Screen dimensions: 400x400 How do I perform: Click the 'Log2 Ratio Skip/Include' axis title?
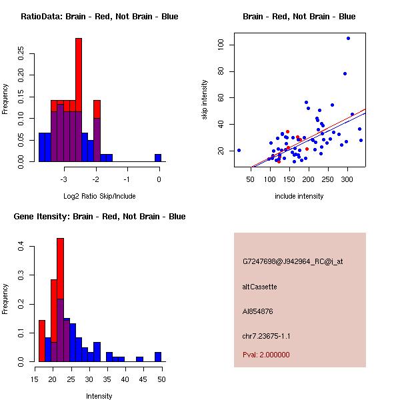[x=99, y=196]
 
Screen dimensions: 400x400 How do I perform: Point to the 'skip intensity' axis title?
[x=205, y=100]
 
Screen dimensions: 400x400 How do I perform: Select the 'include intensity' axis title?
[x=299, y=196]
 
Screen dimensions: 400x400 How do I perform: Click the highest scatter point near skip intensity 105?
[x=348, y=38]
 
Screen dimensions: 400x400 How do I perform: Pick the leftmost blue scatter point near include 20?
[x=239, y=150]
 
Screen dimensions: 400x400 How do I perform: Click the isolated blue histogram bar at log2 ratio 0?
[x=158, y=157]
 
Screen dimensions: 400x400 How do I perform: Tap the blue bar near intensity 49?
[x=158, y=357]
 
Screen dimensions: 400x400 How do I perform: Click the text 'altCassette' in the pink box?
[x=259, y=287]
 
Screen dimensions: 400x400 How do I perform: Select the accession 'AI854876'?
[x=258, y=311]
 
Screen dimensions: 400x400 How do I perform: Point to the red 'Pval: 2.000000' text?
[x=266, y=355]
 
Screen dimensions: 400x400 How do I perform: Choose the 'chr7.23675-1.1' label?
[x=266, y=335]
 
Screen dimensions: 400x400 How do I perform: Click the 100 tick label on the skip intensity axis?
[x=219, y=45]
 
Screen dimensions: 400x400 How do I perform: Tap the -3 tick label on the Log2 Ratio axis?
[x=64, y=179]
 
